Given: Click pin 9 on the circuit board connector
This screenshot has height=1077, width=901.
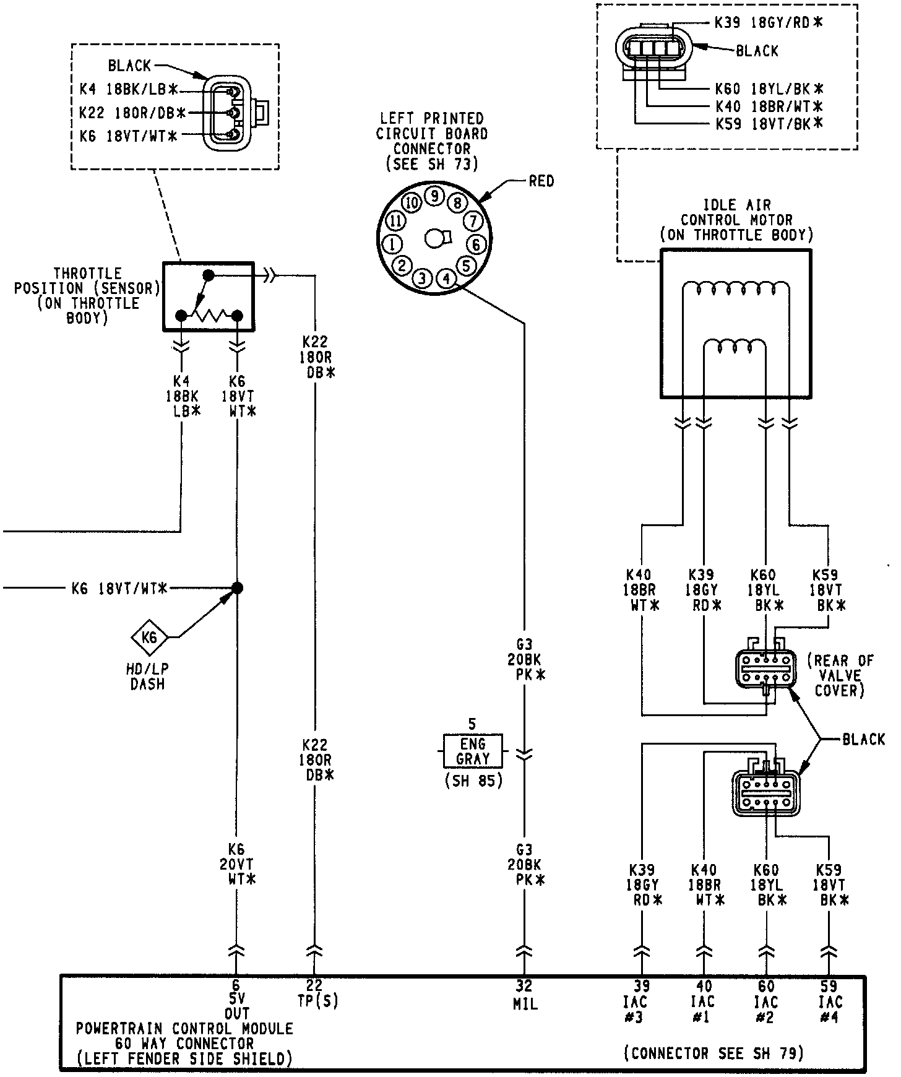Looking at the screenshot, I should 435,196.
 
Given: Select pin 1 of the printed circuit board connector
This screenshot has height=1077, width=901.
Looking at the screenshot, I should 392,243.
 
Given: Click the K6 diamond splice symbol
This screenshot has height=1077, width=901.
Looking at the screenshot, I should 149,636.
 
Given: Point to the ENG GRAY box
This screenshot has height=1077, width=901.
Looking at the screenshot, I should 473,751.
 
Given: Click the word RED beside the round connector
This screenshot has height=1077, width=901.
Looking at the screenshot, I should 541,181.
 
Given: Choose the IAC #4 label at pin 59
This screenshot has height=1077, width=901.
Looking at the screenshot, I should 829,1009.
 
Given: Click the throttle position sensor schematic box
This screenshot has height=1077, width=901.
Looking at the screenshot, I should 208,296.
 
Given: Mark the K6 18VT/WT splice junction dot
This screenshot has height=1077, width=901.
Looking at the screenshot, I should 236,588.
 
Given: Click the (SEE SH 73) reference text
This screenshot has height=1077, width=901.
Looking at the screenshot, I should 431,164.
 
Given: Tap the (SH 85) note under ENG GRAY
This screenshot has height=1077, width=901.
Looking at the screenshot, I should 473,781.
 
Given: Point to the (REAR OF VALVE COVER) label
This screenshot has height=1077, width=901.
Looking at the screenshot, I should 840,675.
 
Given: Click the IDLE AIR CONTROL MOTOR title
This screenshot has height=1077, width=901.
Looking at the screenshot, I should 736,220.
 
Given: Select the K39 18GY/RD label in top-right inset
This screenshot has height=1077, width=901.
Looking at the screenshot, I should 769,23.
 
